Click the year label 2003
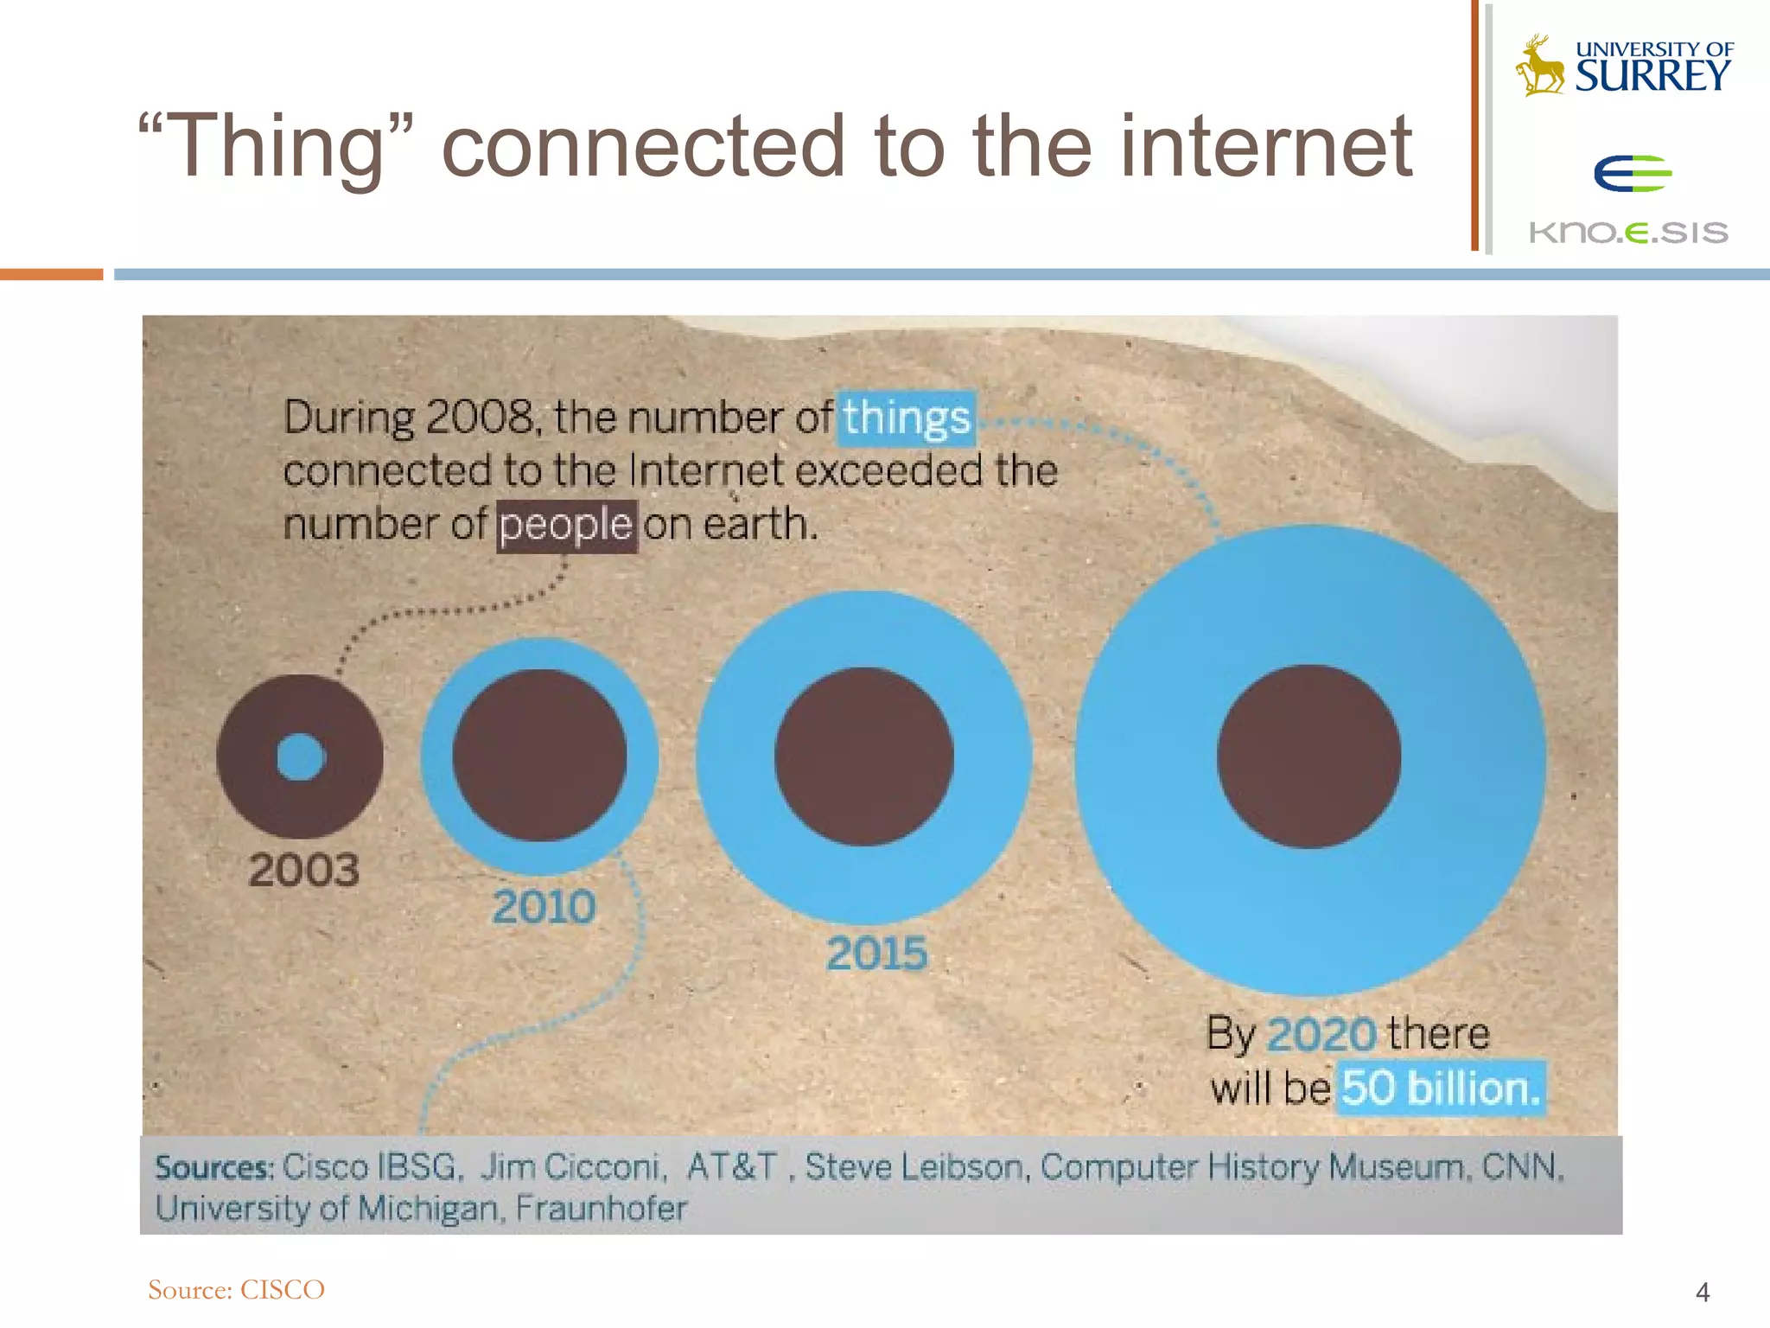point(303,870)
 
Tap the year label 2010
point(544,907)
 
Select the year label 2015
point(876,954)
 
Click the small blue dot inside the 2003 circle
point(301,757)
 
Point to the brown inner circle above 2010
point(539,756)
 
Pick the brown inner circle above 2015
point(863,757)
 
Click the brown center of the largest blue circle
point(1308,757)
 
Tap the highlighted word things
point(907,418)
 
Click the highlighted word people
point(566,526)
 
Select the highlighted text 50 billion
point(1441,1088)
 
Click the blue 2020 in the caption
point(1321,1034)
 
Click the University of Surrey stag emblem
point(1539,66)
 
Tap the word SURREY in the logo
point(1652,76)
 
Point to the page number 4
point(1702,1293)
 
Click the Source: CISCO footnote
point(236,1290)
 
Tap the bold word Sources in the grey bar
point(213,1168)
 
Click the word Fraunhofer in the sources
point(602,1208)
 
